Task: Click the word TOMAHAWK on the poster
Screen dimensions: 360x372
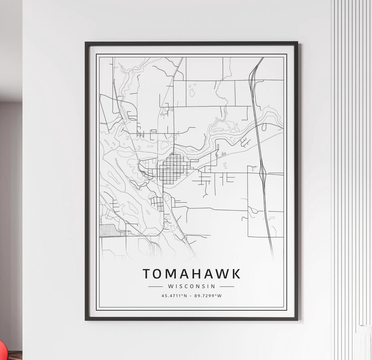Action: pos(192,274)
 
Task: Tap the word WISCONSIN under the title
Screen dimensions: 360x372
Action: pos(192,286)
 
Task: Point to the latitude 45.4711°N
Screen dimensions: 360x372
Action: pos(174,296)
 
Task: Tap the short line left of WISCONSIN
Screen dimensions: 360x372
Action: pos(155,286)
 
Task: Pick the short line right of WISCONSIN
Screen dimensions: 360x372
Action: pos(227,286)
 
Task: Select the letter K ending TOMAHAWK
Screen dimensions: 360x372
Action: pos(236,274)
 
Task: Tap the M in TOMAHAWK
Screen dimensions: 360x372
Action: pos(171,274)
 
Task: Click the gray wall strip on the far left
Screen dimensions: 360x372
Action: pos(10,207)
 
